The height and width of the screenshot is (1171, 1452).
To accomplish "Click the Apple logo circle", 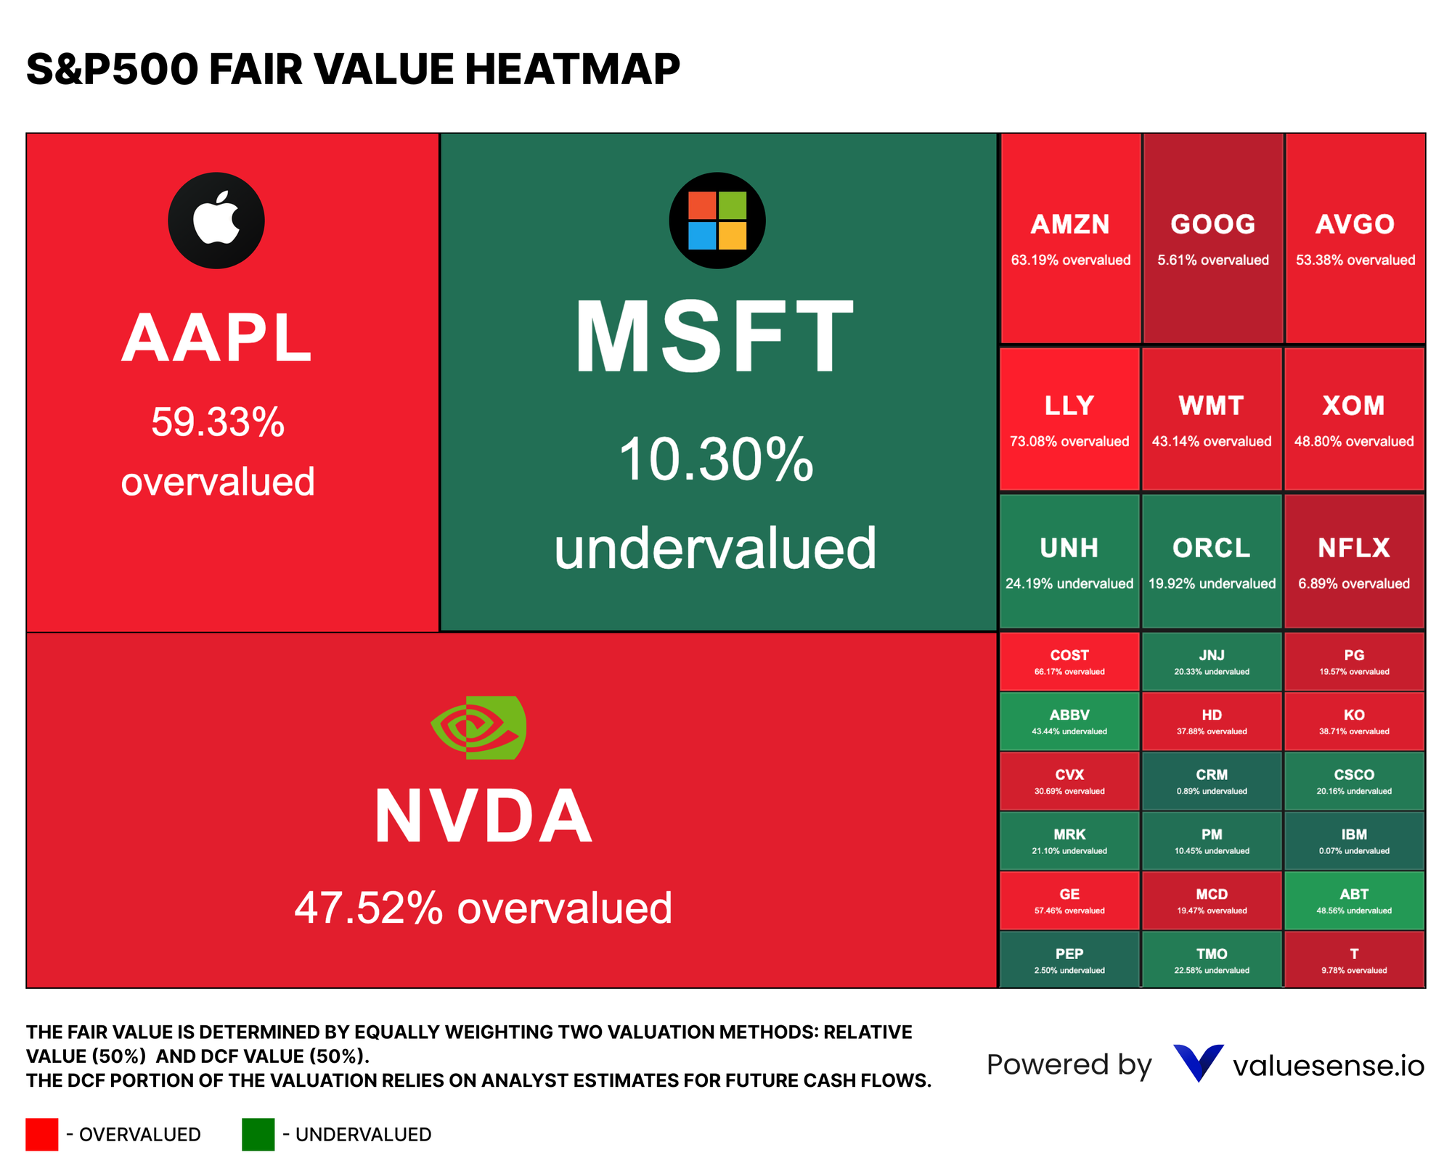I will click(216, 221).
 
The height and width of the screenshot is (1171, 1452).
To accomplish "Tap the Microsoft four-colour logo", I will click(717, 221).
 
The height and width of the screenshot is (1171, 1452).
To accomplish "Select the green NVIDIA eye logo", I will click(479, 727).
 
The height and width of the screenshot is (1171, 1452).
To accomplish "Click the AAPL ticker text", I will click(216, 338).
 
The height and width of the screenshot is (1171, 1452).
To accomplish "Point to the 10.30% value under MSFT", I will click(715, 460).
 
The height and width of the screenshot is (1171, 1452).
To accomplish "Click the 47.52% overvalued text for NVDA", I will click(483, 908).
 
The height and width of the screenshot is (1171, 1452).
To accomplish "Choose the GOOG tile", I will click(1212, 238).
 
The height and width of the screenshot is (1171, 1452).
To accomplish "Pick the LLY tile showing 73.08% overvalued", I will click(1069, 419).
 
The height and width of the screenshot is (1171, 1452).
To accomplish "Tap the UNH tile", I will click(1069, 562).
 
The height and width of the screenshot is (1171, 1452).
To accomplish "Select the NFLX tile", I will click(1354, 562).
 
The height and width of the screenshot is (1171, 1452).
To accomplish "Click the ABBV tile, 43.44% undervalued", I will click(1069, 721).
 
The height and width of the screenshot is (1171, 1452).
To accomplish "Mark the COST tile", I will click(1069, 662).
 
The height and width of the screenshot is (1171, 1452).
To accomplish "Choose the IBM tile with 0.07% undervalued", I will click(1354, 841).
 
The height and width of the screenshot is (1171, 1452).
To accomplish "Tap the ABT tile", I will click(1354, 900).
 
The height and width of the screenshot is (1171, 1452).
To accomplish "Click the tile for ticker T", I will click(1354, 960).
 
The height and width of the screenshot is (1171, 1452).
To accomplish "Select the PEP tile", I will click(1069, 960).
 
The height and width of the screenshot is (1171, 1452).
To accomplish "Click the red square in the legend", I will click(41, 1134).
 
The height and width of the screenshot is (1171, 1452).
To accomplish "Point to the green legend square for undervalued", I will click(258, 1134).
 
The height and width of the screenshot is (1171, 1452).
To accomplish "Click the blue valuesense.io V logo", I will click(1198, 1063).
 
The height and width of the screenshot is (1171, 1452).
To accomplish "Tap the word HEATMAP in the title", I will click(571, 70).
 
